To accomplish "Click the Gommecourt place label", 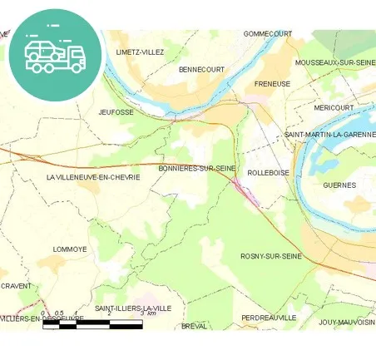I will coord(268,34).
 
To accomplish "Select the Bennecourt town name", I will coord(201,70).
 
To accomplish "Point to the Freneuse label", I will coord(272,84).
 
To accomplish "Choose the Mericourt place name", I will coord(334,107).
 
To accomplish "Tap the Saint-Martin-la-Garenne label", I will coord(329,135).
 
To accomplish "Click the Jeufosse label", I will coord(116,111).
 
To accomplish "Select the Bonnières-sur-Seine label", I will coord(199,169).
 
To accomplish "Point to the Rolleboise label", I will coord(269,173).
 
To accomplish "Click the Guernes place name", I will coord(339,185).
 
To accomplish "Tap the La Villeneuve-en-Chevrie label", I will coord(93,177).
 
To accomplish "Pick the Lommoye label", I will coord(70,249).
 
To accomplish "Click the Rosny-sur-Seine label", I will coord(270,256).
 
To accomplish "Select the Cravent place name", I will coord(16,286).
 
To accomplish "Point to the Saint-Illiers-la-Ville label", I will coord(133,308).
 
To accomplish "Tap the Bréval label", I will coord(194,326).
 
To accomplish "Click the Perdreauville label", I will coord(269,318).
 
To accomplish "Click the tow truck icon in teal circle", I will coord(55,55).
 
